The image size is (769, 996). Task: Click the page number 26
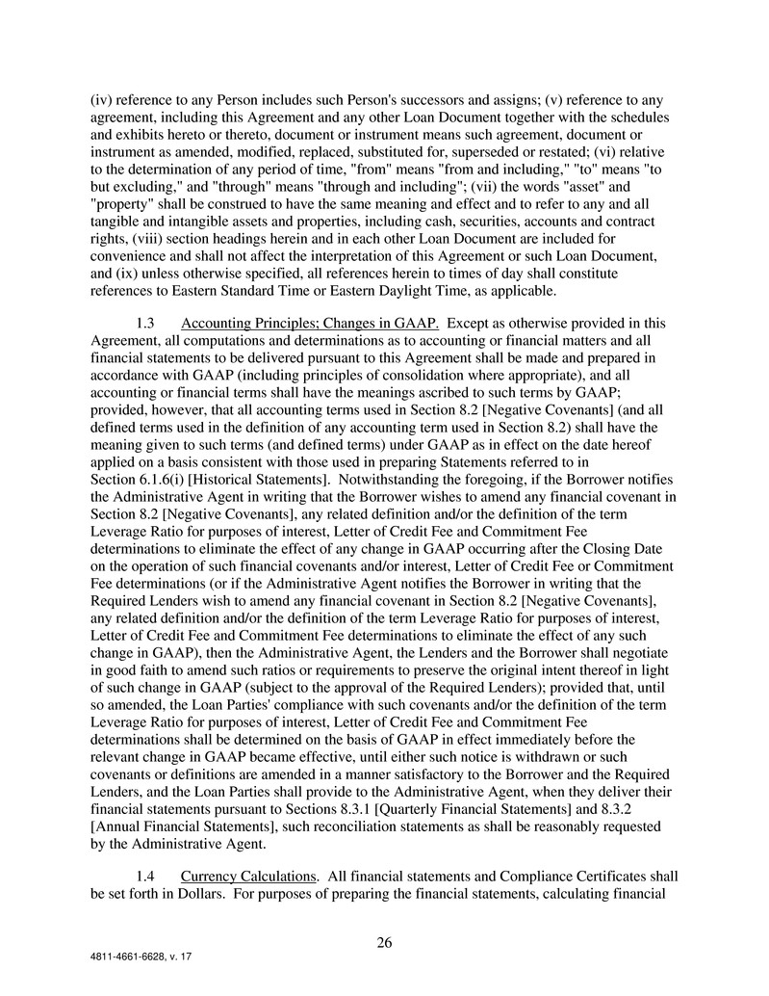tap(384, 943)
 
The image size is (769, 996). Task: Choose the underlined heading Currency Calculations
tap(249, 877)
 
